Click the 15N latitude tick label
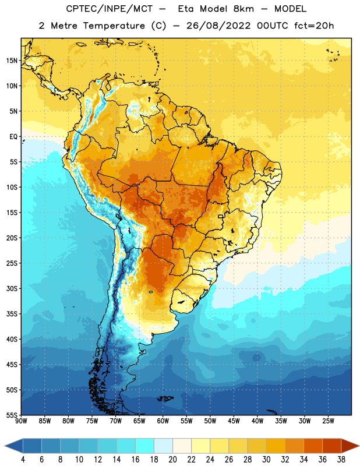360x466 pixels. [x=12, y=61]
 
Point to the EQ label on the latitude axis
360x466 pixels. [x=13, y=137]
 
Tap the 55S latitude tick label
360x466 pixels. [x=12, y=415]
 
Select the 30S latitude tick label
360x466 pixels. [x=12, y=288]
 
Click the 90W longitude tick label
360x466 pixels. [x=21, y=421]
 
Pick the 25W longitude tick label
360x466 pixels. [x=328, y=421]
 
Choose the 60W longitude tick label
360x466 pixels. [x=163, y=421]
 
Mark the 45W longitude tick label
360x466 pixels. [x=234, y=421]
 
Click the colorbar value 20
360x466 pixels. [x=172, y=460]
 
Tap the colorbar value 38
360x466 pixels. [x=341, y=460]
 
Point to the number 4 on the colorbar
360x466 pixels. [x=23, y=460]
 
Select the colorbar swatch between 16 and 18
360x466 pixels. [x=145, y=446]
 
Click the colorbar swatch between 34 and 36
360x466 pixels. [x=313, y=446]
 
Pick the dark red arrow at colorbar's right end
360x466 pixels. [x=350, y=446]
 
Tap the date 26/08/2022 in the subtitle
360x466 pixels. [x=218, y=26]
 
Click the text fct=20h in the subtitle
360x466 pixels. [x=314, y=26]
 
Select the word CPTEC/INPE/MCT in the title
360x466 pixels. [x=110, y=9]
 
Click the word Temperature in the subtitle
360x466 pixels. [x=114, y=26]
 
